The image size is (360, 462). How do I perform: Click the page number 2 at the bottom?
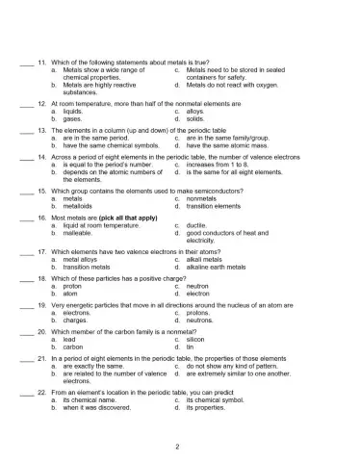[179, 447]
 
